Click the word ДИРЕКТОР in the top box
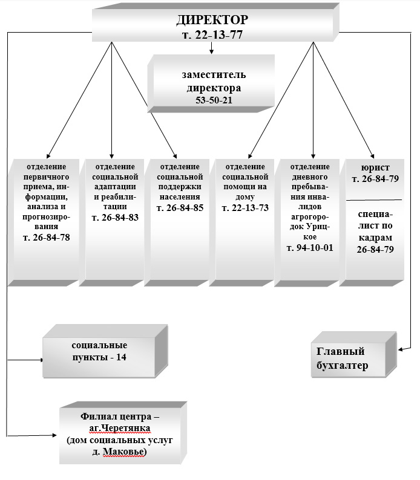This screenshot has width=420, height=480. [x=212, y=20]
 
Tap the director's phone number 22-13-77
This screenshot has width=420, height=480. [x=218, y=34]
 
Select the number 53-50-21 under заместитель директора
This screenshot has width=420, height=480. [x=214, y=100]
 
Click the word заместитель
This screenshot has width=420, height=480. [x=214, y=75]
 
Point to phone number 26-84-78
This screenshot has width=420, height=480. [x=51, y=238]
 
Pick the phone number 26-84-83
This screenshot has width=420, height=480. [x=120, y=218]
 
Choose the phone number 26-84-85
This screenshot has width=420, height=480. [x=185, y=208]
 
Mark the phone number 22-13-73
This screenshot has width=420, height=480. [x=250, y=208]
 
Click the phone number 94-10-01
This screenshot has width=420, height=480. [x=315, y=248]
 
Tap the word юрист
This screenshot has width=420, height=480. [x=375, y=167]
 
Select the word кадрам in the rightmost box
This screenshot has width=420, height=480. [x=375, y=238]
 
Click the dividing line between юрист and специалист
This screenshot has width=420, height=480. [x=374, y=200]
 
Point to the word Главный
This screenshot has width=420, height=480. [x=340, y=351]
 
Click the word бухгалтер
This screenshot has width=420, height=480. [x=342, y=366]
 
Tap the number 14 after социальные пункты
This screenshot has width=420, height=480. [x=121, y=357]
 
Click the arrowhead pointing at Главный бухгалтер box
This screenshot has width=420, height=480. [x=401, y=349]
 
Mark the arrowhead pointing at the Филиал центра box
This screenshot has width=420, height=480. [x=54, y=435]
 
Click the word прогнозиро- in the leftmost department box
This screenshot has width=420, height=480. [x=46, y=218]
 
